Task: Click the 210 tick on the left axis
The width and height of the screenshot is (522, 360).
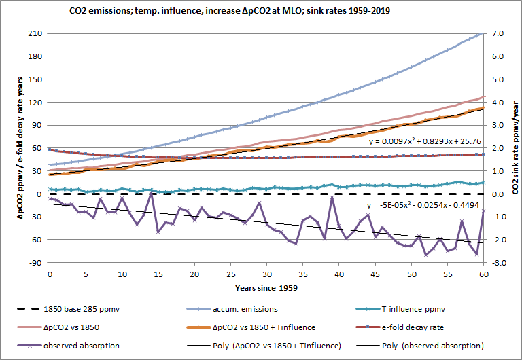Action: [x=35, y=33]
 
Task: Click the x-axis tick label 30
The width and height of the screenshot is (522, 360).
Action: [x=266, y=274]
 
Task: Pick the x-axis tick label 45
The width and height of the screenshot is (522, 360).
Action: [x=375, y=274]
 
